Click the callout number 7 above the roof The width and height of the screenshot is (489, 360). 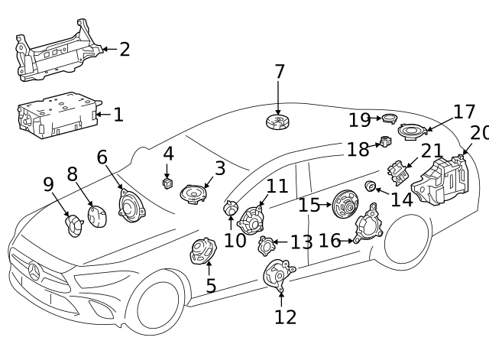click(280, 72)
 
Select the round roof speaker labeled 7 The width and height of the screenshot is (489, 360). click(277, 122)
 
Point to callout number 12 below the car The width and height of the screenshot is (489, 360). click(285, 316)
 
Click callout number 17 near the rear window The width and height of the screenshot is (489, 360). click(464, 112)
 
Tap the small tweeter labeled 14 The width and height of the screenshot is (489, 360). click(371, 186)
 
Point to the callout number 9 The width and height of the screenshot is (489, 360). click(47, 185)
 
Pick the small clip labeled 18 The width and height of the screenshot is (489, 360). click(386, 141)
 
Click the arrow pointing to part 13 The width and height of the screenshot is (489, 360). click(281, 242)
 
